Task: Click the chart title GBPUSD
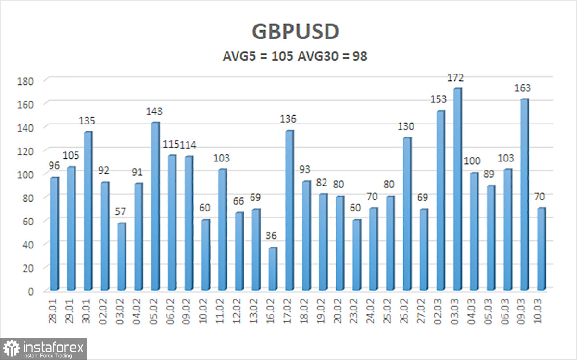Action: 296,32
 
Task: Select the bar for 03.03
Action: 457,189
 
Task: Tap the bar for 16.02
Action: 273,269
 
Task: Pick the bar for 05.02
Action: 155,206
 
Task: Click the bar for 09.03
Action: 525,194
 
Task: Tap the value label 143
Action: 155,112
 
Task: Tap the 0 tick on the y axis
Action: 30,291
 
